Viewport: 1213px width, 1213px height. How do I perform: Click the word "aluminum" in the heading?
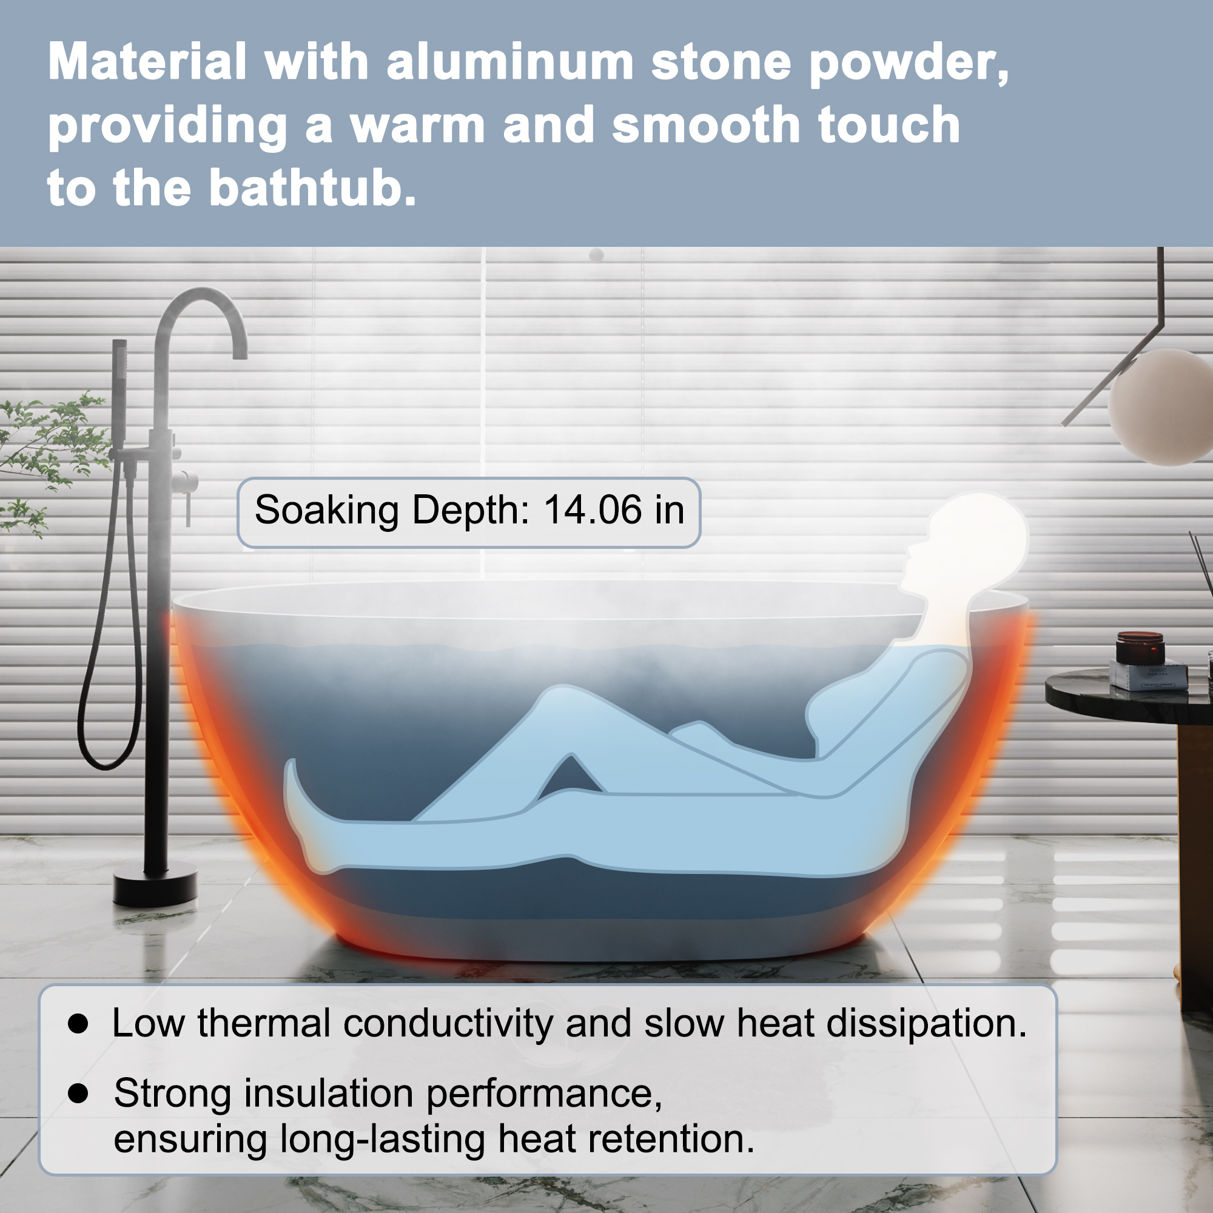pyautogui.click(x=510, y=63)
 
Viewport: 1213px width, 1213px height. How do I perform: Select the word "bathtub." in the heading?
pyautogui.click(x=312, y=189)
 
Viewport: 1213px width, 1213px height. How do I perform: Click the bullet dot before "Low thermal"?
pyautogui.click(x=78, y=1023)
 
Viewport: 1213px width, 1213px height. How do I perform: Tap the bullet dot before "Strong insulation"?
pyautogui.click(x=78, y=1093)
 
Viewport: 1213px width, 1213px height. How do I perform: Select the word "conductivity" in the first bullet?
pyautogui.click(x=448, y=1023)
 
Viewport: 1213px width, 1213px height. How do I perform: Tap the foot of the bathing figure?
pyautogui.click(x=301, y=816)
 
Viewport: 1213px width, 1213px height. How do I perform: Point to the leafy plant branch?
pyautogui.click(x=50, y=446)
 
